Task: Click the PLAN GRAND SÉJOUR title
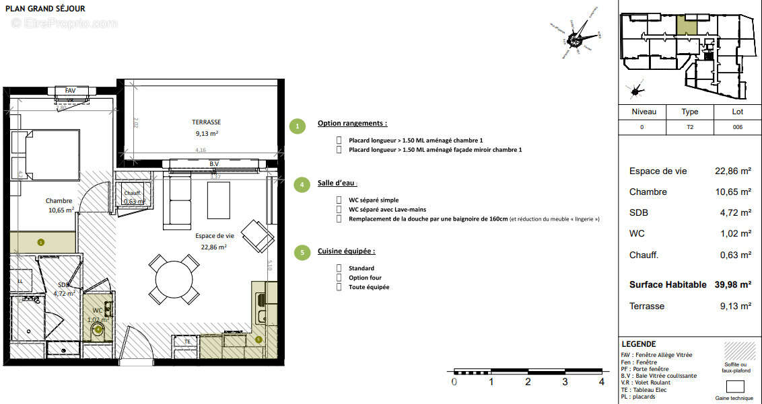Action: (46, 9)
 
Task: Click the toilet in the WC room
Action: (98, 329)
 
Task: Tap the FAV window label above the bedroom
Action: (70, 91)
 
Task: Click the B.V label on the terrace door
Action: (214, 163)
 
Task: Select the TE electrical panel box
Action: (188, 341)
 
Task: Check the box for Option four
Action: (339, 278)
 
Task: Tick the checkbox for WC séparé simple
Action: (339, 200)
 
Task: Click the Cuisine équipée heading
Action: (346, 251)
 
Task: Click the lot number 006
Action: (737, 127)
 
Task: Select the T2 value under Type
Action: (689, 127)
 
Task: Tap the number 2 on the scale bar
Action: (528, 382)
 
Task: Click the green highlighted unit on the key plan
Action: (687, 26)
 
